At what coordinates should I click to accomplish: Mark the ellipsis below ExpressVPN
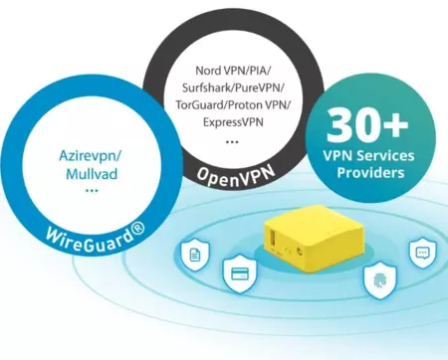[x=231, y=142]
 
